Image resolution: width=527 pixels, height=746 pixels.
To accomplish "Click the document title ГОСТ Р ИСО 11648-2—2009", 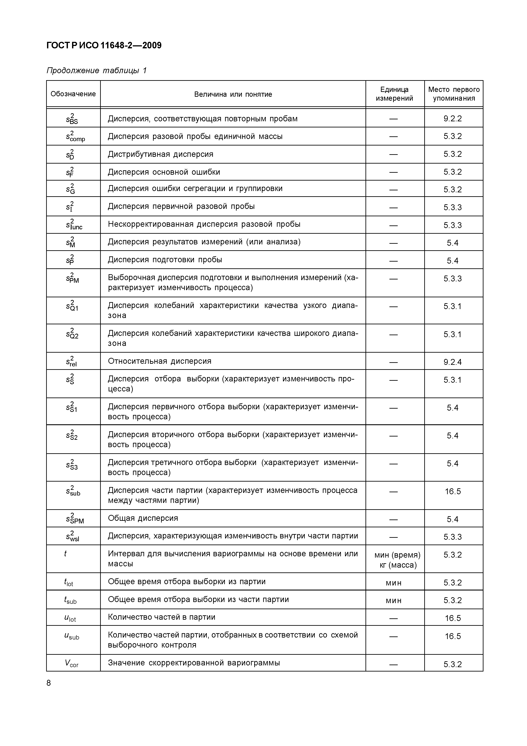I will tap(104, 45).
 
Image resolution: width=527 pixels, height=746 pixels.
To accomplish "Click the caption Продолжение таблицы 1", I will tap(96, 71).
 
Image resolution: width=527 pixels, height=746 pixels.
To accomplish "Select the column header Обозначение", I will tap(73, 94).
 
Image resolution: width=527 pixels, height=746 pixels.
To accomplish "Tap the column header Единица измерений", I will tap(394, 94).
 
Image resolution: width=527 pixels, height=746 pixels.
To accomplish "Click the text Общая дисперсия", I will tap(143, 518).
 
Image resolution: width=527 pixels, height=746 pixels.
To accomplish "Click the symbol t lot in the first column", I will tap(69, 582).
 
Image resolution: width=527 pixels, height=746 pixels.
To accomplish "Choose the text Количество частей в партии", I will tap(161, 617).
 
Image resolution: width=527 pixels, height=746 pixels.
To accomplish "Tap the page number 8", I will tap(49, 683).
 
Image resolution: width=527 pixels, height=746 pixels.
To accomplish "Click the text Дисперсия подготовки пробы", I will tap(165, 260).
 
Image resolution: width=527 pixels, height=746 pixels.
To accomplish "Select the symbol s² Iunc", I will tap(74, 225).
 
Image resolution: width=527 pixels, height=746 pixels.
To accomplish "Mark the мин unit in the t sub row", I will tap(394, 601).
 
